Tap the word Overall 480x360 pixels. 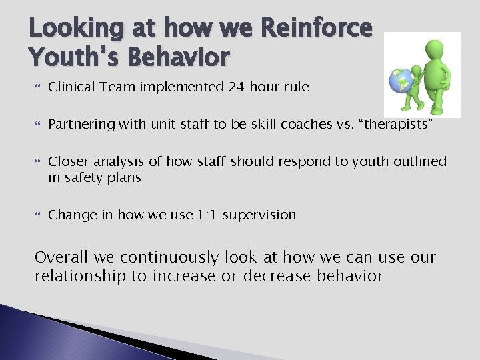click(x=61, y=257)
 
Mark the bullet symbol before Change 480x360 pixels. click(x=37, y=215)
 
